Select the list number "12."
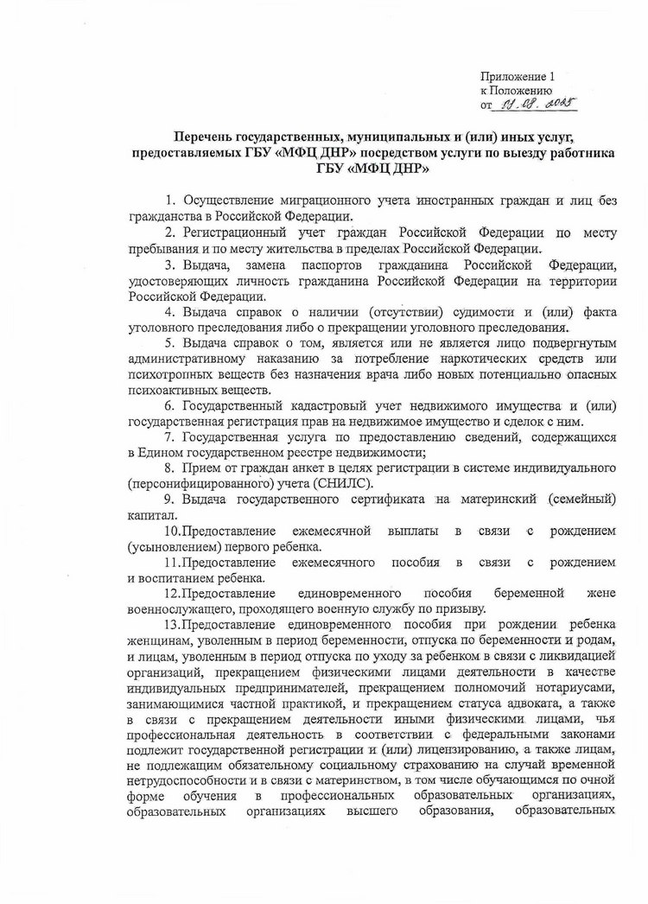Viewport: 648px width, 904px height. (170, 593)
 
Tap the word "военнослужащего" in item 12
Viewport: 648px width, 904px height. (180, 608)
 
